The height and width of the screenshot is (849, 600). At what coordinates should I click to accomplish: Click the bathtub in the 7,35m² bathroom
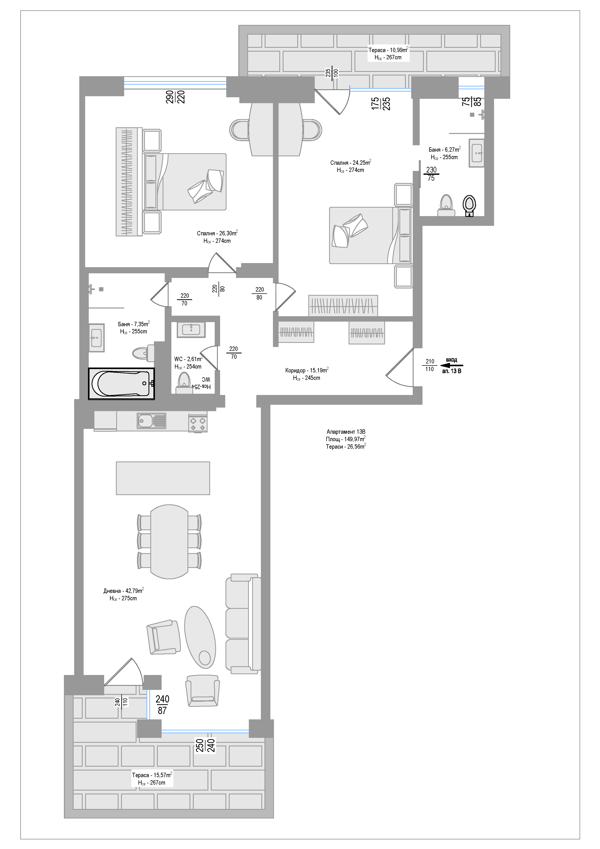coord(121,383)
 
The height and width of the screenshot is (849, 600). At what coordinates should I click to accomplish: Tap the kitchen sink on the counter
coord(152,421)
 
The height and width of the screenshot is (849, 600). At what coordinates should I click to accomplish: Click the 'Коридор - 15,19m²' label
coord(307,370)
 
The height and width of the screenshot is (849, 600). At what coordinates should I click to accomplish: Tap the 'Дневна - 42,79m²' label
coord(123,591)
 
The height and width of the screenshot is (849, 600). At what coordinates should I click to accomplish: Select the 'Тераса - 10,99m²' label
coord(388,50)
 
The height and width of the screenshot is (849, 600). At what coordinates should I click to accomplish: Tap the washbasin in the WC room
coord(191,329)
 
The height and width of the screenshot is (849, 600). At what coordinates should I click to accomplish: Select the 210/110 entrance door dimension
coord(430,365)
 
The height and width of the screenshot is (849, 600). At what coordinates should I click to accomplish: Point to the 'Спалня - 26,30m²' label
coord(217,233)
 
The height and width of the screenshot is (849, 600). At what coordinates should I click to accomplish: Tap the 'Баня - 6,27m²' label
coord(444,150)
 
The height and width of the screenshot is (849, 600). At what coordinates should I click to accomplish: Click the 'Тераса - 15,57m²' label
coord(152,775)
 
